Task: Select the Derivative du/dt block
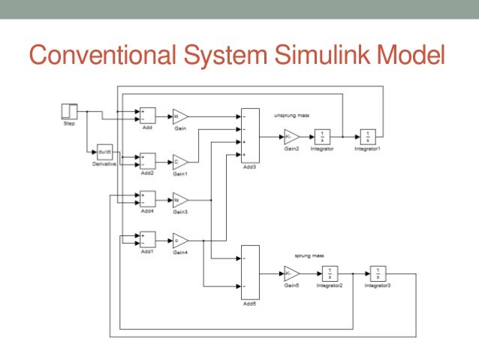(105, 152)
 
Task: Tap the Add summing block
(147, 116)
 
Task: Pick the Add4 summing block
(147, 199)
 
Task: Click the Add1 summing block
(147, 239)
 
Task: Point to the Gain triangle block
(180, 116)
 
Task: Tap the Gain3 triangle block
(180, 199)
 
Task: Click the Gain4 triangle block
(180, 240)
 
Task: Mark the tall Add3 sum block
(249, 135)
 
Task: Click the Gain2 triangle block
(291, 137)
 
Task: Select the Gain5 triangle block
(291, 273)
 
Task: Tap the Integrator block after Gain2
(323, 137)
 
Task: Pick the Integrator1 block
(368, 137)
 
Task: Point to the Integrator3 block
(378, 273)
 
